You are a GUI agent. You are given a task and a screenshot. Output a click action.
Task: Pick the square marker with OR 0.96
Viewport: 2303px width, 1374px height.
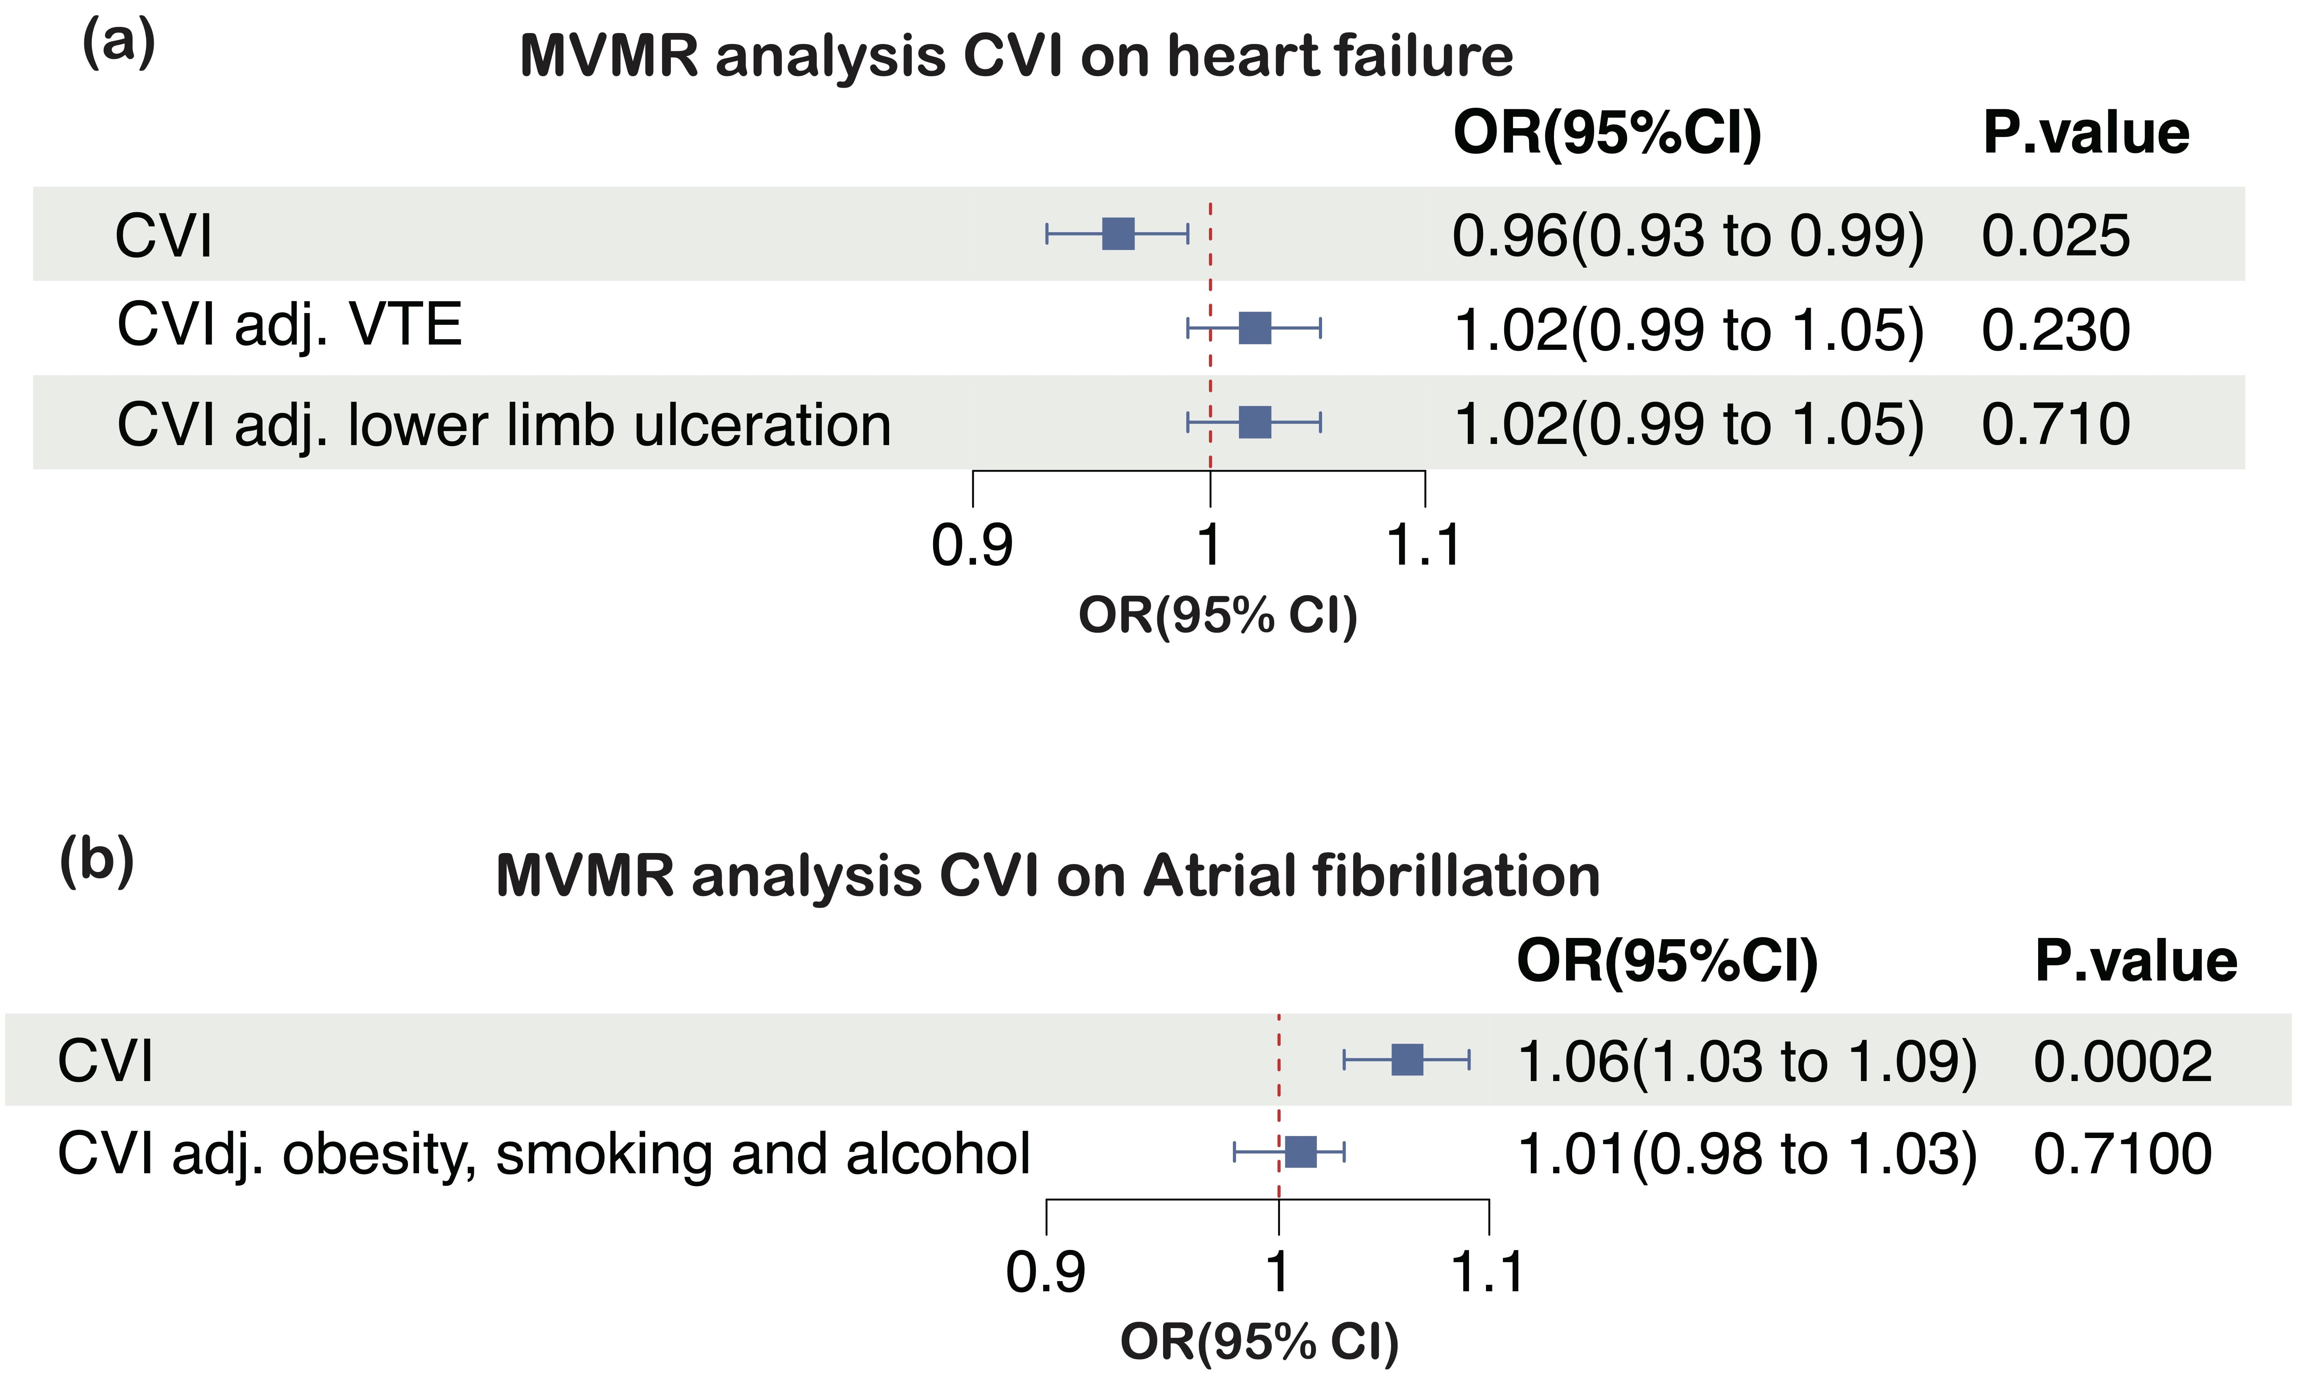1118,234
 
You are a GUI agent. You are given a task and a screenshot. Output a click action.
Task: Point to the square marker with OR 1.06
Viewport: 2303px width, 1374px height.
1407,1060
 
